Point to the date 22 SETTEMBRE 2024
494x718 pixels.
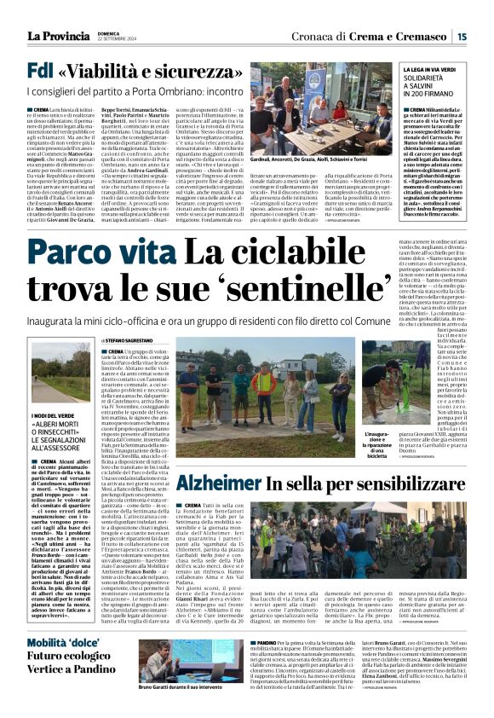pyautogui.click(x=117, y=39)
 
